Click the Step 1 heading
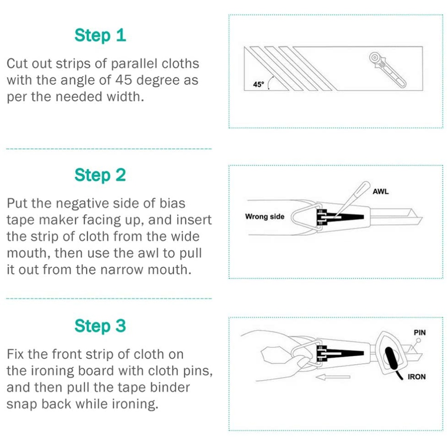pos(100,35)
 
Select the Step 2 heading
pos(100,175)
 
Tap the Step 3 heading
pos(100,326)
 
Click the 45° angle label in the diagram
pos(259,84)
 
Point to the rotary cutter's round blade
pos(374,58)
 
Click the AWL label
pos(380,192)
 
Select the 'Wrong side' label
pos(265,217)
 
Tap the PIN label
pos(419,333)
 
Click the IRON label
pos(417,377)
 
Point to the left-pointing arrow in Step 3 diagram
pos(333,377)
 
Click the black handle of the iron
pos(391,358)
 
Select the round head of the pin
pos(418,341)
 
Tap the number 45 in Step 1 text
pos(124,80)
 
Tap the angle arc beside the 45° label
pos(269,82)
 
